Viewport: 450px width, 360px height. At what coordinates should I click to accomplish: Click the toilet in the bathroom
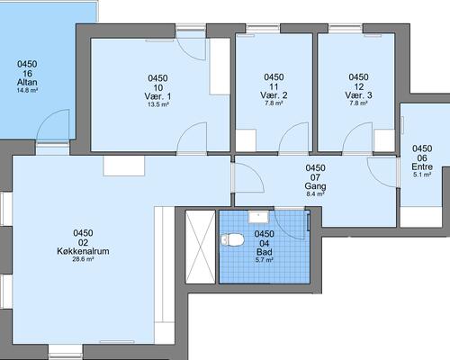[232, 240]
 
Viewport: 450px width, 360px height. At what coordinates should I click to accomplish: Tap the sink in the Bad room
[258, 217]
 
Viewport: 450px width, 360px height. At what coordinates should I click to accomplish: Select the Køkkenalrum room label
[83, 251]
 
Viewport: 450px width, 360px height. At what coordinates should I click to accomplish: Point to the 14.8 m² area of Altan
[27, 90]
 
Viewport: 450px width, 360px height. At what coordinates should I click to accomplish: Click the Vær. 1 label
[157, 96]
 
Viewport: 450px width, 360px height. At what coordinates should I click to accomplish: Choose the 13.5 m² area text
[157, 104]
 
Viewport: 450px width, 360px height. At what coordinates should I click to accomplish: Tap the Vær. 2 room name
[274, 95]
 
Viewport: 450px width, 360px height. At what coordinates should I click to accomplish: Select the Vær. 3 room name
[358, 95]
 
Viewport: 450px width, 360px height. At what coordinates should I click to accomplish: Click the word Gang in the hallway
[315, 186]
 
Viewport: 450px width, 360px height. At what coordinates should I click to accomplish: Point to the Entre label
[422, 166]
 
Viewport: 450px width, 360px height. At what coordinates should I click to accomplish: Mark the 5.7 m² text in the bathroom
[264, 260]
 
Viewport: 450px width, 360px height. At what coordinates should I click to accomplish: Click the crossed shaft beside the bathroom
[201, 247]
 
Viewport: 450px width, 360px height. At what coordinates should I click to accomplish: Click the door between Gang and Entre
[383, 172]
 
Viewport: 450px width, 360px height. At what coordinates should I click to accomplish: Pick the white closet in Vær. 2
[246, 140]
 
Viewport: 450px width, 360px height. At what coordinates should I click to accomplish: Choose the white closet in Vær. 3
[384, 140]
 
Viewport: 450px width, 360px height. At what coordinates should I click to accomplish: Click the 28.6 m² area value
[83, 259]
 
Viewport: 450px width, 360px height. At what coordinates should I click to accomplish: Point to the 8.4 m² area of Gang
[315, 193]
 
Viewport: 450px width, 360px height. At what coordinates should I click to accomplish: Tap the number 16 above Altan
[27, 73]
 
